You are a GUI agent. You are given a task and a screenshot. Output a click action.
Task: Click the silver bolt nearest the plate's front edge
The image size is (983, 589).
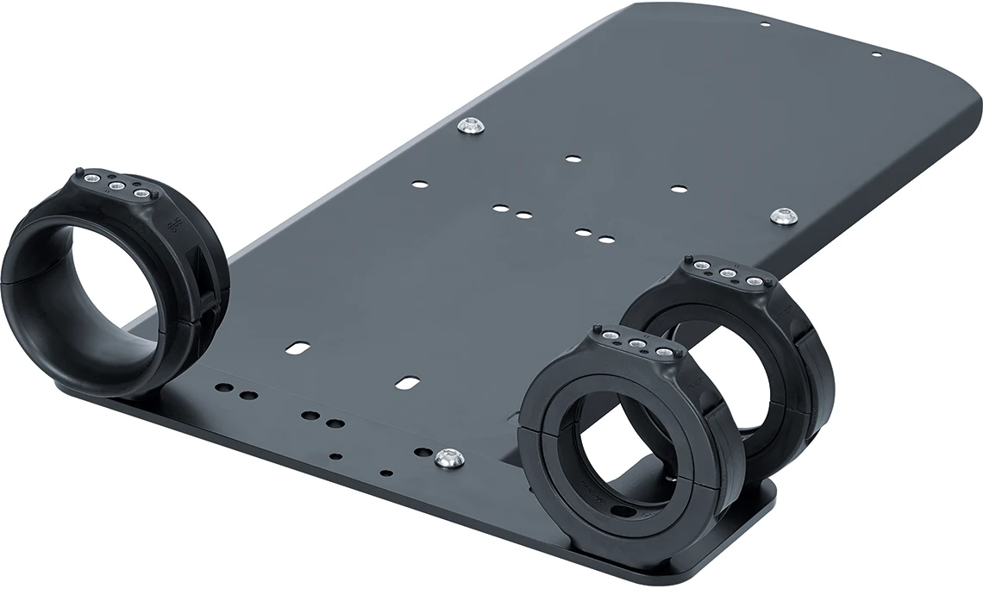coord(448,459)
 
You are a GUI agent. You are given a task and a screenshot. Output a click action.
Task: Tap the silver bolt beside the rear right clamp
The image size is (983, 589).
coord(783,216)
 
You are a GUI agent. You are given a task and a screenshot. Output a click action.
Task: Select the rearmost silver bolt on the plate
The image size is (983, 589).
coord(470,126)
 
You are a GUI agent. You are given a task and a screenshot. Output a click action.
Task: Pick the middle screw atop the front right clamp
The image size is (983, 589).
coord(637,345)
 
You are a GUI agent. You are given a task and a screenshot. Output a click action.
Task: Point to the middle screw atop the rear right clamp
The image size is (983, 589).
coord(728,273)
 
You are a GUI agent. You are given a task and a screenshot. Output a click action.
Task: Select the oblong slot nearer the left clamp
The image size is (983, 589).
coord(297,348)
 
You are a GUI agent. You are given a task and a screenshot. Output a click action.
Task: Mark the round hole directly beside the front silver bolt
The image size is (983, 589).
coord(423,452)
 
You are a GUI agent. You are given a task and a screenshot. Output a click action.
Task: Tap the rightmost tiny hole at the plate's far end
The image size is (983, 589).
coord(876,55)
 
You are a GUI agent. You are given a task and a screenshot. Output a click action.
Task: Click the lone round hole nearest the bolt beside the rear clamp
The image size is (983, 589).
coord(679,188)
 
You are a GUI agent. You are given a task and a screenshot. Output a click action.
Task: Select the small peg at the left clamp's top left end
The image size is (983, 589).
coord(78,171)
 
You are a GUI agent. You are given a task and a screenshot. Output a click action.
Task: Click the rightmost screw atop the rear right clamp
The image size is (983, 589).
coord(754,281)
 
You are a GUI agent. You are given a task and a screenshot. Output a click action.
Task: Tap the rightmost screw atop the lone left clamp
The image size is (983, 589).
coord(141,194)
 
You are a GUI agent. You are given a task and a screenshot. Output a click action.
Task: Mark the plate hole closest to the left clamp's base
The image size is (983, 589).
coord(223,389)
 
